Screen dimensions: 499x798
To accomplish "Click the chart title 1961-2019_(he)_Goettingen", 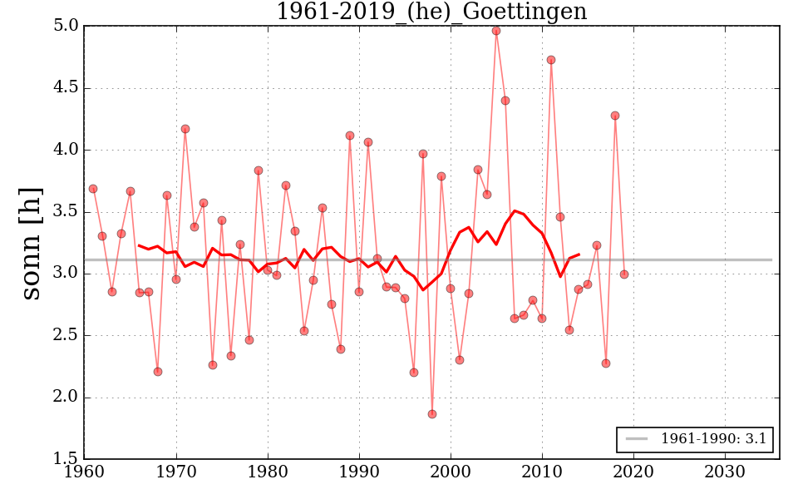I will point(431,12).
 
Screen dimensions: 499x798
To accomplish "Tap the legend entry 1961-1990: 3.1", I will point(713,438).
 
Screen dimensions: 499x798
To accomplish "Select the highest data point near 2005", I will point(496,31).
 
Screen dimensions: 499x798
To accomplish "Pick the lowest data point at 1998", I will point(432,414).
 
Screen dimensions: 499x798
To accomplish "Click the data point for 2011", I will point(551,60).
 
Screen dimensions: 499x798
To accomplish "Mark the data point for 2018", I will point(615,116).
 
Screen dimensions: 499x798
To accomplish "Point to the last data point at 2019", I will point(624,274).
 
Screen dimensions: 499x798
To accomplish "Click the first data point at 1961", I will point(93,189).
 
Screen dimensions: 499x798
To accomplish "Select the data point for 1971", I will point(185,129).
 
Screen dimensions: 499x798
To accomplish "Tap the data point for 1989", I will point(350,136).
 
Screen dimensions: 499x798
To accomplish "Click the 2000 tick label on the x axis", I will point(451,472).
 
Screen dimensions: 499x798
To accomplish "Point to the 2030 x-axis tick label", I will point(725,472).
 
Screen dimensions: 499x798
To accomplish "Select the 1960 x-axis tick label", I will point(85,472).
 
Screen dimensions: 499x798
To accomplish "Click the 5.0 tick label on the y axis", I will point(66,27).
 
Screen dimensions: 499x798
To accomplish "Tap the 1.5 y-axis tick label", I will point(66,459).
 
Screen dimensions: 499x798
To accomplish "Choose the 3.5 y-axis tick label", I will point(66,212).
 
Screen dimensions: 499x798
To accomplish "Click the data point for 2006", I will point(505,101).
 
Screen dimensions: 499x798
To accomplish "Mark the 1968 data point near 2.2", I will point(158,372).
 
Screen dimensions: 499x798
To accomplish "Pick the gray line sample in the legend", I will point(637,438).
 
